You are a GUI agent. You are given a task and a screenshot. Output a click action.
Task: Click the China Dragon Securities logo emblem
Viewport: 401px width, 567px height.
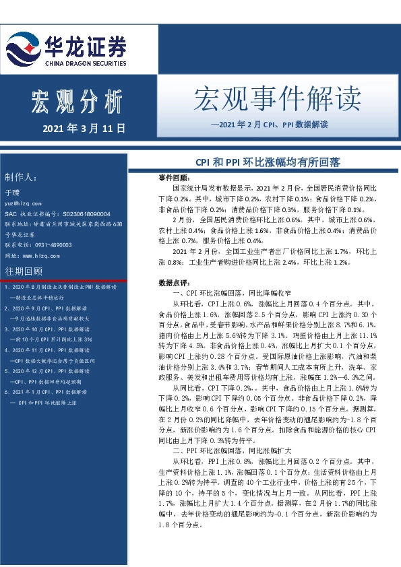23,48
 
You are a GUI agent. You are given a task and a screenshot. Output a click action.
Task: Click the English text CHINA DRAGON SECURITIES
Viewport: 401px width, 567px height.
85,63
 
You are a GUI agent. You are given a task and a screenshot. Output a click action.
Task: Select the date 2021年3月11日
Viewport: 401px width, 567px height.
84,127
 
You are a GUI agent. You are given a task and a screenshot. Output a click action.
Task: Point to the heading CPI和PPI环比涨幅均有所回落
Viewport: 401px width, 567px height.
268,162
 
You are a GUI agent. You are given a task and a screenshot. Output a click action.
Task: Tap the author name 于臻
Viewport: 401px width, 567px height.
13,193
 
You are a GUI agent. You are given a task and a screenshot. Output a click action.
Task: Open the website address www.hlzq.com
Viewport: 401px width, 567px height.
37,256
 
